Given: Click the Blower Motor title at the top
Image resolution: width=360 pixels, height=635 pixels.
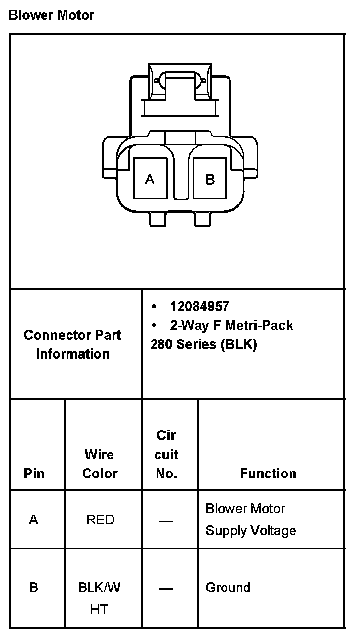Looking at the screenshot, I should click(x=51, y=15).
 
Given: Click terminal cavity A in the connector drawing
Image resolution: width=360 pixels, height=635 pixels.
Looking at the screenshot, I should click(x=150, y=179).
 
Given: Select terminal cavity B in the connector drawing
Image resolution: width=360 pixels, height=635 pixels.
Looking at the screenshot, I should click(x=210, y=179).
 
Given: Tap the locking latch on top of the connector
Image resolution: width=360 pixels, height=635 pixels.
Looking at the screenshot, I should click(x=180, y=81).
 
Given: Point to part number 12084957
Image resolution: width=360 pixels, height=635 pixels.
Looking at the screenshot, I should click(x=199, y=307).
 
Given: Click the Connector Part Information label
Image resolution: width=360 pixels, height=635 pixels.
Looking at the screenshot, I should click(x=72, y=344).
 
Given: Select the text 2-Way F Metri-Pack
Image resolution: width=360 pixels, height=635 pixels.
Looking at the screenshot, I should click(x=231, y=325).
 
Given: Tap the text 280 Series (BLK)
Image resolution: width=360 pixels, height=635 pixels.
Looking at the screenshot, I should click(x=203, y=344).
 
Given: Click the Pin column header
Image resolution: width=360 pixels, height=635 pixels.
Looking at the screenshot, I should click(x=33, y=473).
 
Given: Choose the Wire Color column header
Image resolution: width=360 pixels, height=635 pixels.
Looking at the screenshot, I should click(x=100, y=464).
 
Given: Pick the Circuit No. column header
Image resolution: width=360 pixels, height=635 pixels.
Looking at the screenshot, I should click(x=166, y=454).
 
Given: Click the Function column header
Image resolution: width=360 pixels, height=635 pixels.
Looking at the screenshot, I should click(x=268, y=473).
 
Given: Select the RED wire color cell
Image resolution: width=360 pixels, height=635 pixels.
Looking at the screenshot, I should click(x=100, y=520).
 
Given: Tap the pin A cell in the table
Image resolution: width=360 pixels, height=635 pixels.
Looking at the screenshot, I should click(x=33, y=520).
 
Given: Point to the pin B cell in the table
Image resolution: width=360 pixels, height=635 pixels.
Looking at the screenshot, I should click(x=33, y=587).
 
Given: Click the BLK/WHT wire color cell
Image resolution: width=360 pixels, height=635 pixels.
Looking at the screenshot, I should click(x=100, y=598).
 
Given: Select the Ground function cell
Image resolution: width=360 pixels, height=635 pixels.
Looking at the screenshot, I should click(x=228, y=587).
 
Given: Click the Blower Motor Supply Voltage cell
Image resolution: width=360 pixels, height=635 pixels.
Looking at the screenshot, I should click(x=250, y=520).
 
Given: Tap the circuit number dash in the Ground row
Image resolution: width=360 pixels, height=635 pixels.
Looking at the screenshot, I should click(x=166, y=588).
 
